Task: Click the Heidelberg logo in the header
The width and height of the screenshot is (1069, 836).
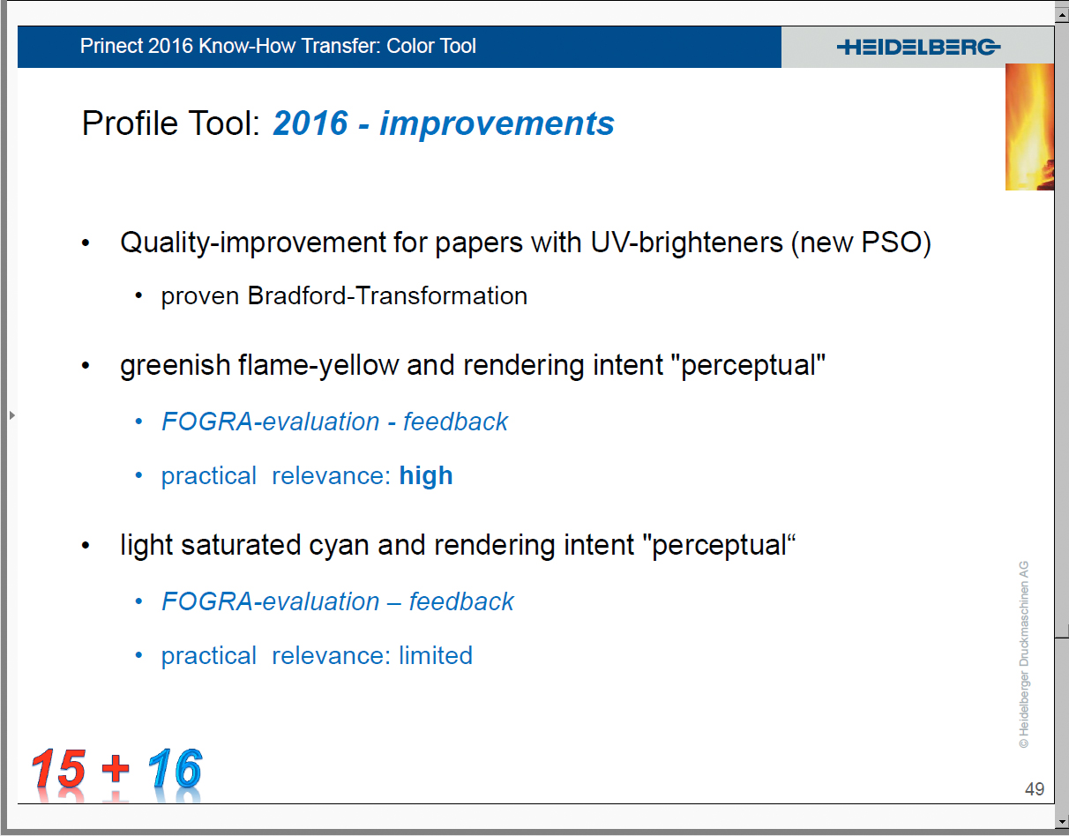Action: click(x=918, y=48)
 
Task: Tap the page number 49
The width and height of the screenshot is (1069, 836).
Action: click(x=1034, y=788)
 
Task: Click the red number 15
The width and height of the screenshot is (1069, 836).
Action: click(x=58, y=768)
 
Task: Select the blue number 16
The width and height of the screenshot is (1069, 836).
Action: click(x=175, y=768)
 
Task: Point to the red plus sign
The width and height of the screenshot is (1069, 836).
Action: click(x=116, y=769)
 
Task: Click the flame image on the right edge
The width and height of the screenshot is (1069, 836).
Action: click(x=1029, y=127)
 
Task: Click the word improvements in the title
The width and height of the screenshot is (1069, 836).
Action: click(x=497, y=123)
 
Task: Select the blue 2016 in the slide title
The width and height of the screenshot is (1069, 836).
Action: click(x=310, y=123)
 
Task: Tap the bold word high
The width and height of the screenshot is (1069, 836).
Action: click(x=426, y=476)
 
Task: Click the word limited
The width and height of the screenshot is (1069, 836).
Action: click(x=436, y=655)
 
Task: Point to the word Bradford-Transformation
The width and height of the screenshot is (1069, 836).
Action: click(x=387, y=295)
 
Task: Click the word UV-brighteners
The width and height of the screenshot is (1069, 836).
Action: click(x=686, y=243)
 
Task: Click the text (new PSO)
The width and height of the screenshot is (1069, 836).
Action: click(x=861, y=243)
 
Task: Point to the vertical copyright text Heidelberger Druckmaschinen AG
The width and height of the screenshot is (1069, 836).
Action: click(x=1024, y=654)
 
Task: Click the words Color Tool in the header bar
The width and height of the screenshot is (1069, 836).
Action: click(x=431, y=46)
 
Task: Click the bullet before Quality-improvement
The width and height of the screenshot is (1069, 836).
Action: click(x=86, y=243)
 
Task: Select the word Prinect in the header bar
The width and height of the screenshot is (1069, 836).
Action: click(x=112, y=46)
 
